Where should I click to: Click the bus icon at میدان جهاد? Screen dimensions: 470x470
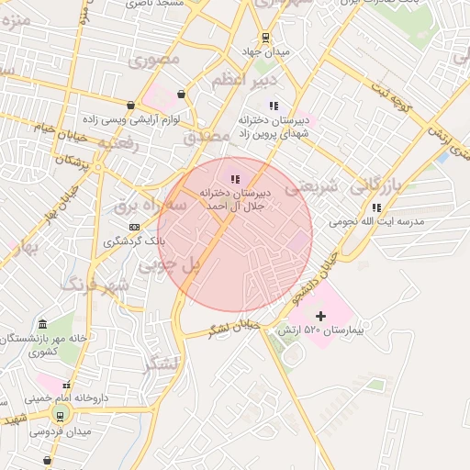coord(265,38)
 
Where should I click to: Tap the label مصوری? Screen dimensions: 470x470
coord(157,62)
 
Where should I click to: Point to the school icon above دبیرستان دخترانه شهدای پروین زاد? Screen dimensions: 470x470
coord(272,106)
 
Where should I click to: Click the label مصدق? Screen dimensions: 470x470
coord(204,136)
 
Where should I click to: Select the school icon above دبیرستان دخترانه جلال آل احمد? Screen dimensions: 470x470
coord(235,179)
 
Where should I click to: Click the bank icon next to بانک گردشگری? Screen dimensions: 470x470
coord(134,227)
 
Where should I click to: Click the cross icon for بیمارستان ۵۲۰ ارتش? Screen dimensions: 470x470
coord(319,316)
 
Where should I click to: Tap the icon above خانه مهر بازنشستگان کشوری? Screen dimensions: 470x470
coord(42,325)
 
